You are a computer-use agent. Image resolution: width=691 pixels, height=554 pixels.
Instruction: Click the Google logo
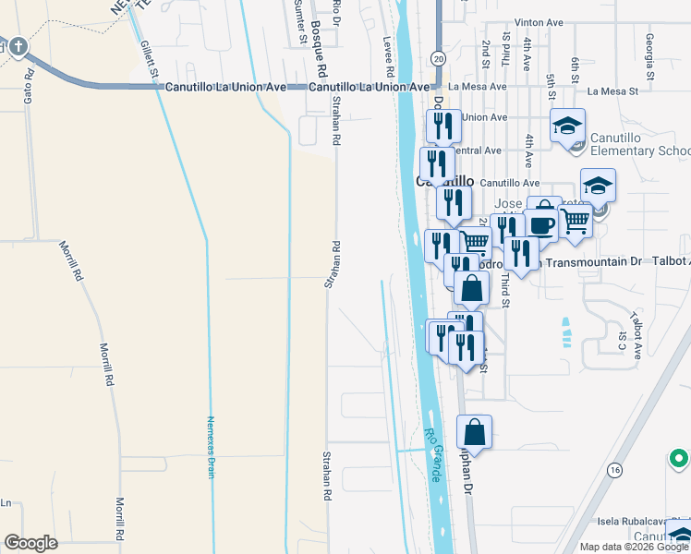[x=30, y=542]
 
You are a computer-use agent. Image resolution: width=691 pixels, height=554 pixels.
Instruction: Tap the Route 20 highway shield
[x=438, y=57]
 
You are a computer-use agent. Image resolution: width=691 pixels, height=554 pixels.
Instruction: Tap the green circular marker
[x=679, y=458]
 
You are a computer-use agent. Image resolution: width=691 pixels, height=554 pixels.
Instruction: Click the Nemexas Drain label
[x=211, y=445]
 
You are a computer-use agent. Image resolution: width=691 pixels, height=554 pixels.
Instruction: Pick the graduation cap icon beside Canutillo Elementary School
[x=568, y=126]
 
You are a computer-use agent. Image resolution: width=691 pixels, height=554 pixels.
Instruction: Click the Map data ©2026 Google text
[x=633, y=547]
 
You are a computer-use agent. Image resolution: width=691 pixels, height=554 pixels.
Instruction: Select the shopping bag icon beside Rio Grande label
[x=474, y=432]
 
